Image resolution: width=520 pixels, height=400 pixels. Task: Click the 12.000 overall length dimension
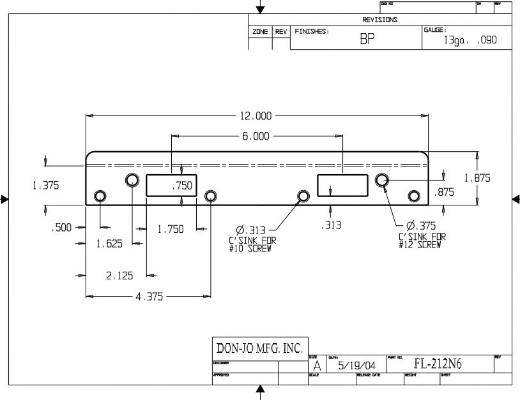coord(256,116)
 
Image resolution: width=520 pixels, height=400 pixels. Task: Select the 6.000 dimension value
coord(256,137)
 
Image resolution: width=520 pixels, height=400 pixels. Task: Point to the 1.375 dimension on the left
coord(45,186)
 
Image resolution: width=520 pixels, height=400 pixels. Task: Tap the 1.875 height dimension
coord(477,179)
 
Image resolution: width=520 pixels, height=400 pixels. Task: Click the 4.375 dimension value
coord(149,297)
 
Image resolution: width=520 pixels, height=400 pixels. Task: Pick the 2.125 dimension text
coord(119,276)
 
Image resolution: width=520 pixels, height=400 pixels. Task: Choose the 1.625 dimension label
coord(109,243)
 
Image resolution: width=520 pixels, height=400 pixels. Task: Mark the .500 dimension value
coord(61,227)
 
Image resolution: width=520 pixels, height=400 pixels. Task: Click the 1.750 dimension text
coord(171,230)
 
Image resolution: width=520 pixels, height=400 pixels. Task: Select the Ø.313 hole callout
coord(251,230)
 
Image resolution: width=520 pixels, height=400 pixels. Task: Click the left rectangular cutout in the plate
coord(171,185)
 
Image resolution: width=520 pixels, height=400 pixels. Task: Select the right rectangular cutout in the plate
coord(342,185)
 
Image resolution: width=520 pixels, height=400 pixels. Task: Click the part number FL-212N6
coord(438,364)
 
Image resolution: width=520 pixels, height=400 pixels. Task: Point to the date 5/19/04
coord(357,366)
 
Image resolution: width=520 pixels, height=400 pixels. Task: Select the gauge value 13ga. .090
coord(470,40)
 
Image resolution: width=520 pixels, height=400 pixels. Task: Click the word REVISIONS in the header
coord(379,20)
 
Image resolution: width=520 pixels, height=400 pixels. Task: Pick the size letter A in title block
coord(316,366)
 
